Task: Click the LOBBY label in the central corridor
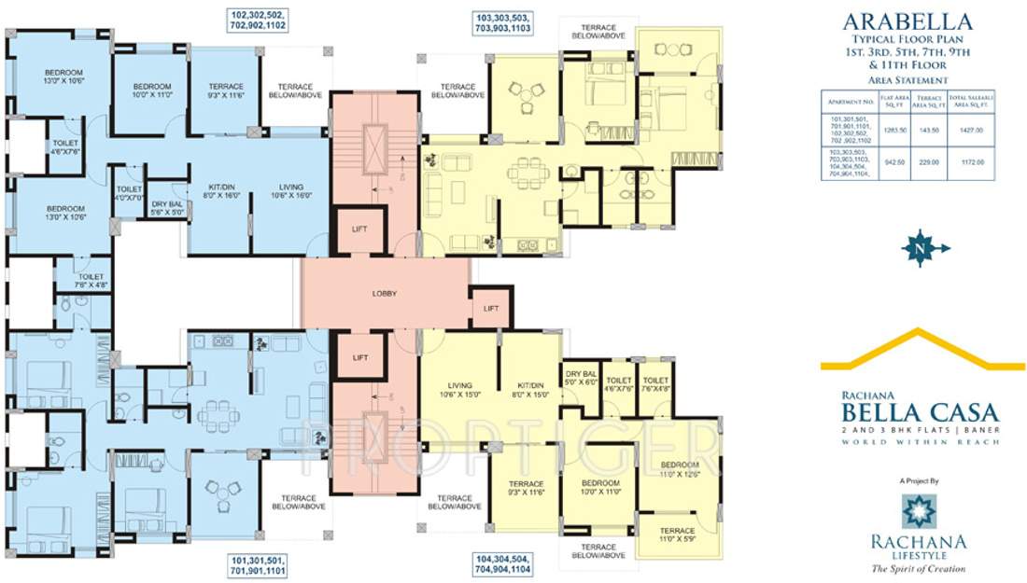[385, 294]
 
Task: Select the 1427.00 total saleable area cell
[973, 131]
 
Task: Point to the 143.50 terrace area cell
[930, 131]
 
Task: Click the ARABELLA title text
[907, 21]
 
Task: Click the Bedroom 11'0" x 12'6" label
[679, 468]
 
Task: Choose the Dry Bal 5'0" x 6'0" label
[581, 376]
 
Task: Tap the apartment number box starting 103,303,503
[503, 22]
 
